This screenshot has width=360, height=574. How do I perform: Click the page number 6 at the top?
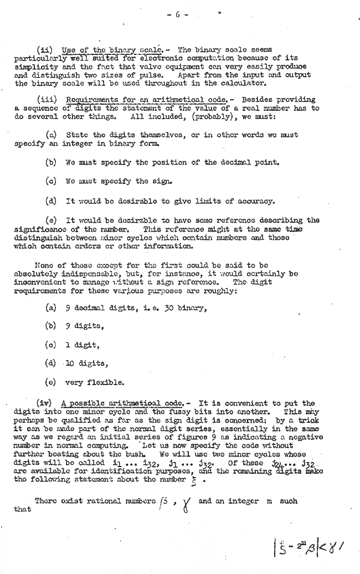(x=178, y=15)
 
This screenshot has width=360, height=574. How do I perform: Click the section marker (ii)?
(x=44, y=50)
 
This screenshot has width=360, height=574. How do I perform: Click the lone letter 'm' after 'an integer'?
(x=269, y=501)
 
